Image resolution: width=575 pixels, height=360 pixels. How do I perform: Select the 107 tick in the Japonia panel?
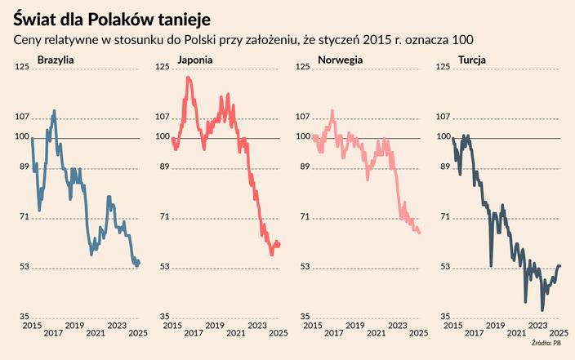(x=163, y=118)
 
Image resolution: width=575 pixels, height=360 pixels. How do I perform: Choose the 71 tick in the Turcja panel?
(x=445, y=217)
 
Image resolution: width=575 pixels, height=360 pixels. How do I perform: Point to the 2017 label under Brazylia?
(x=52, y=332)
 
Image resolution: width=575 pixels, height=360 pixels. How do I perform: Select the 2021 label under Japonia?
(x=235, y=332)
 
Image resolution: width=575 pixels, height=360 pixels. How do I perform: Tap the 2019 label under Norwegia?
(x=355, y=332)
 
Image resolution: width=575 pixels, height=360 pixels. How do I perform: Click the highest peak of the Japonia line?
(x=189, y=78)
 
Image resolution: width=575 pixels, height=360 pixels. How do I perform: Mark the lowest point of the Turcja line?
(x=542, y=310)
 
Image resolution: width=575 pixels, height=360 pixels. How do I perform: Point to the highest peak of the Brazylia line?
(x=54, y=111)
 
